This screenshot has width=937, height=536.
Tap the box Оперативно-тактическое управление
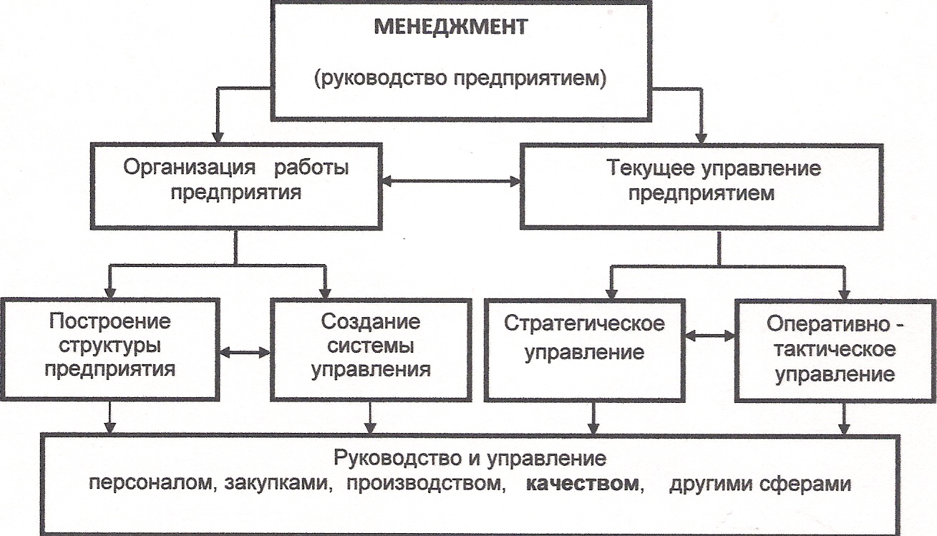pyautogui.click(x=835, y=348)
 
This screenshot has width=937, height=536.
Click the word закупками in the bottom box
pyautogui.click(x=280, y=483)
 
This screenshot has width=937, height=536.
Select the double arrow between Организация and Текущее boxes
pyautogui.click(x=451, y=182)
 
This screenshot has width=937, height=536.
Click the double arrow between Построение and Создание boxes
pyautogui.click(x=245, y=351)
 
